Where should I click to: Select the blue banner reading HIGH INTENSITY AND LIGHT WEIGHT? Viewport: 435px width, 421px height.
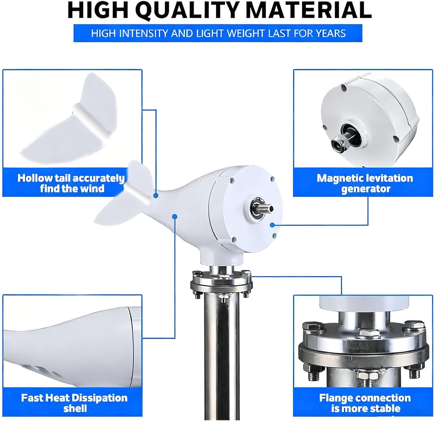(x=218, y=33)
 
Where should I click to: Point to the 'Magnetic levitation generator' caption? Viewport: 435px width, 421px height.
(x=365, y=183)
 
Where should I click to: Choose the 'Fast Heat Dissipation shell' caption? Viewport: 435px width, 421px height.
(x=74, y=403)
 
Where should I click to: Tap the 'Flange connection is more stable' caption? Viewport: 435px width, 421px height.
(x=365, y=403)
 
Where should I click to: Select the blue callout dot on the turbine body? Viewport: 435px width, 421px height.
(x=175, y=216)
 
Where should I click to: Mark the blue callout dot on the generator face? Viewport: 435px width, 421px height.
(x=272, y=225)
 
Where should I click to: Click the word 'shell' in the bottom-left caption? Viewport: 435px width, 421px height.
(x=75, y=408)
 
